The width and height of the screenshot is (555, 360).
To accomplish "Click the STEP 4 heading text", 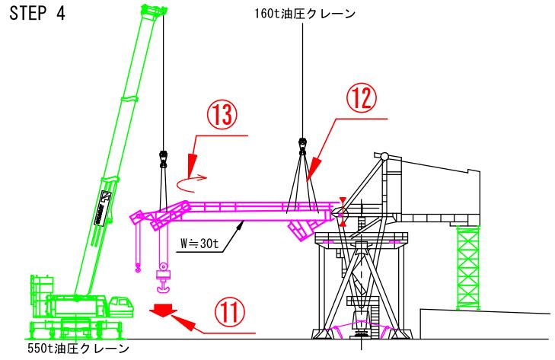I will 37,15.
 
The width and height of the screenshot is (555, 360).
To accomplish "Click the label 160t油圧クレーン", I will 305,13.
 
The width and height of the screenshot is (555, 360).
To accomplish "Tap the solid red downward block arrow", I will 163,310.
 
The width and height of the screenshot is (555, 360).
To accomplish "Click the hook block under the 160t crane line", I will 302,144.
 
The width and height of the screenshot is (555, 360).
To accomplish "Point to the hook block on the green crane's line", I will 162,158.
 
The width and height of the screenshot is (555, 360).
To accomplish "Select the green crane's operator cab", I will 120,305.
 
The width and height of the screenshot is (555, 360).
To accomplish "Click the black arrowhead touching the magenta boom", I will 241,221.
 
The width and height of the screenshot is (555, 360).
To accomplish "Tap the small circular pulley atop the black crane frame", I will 384,156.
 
